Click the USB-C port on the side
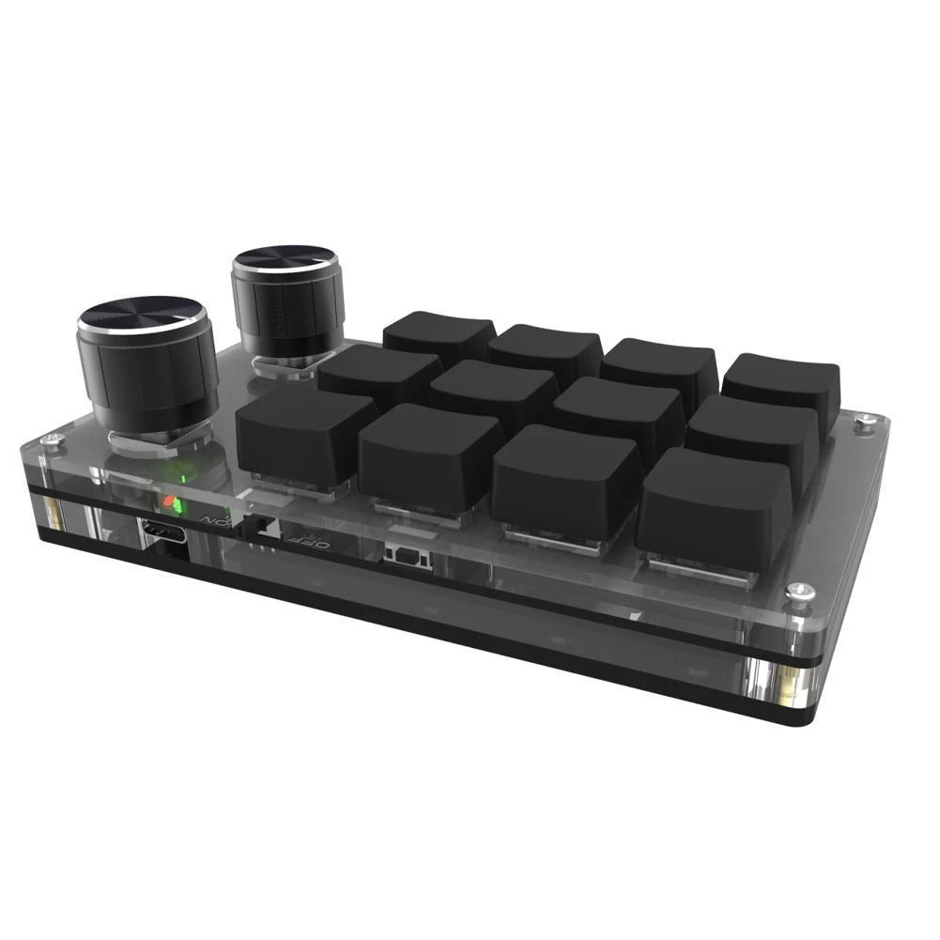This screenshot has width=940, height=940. [x=161, y=532]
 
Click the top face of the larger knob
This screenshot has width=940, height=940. [x=141, y=317]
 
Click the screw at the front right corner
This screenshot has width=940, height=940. [x=796, y=591]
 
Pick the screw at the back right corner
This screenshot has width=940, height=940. [x=862, y=424]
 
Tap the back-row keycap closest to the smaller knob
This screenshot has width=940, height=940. [x=439, y=332]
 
